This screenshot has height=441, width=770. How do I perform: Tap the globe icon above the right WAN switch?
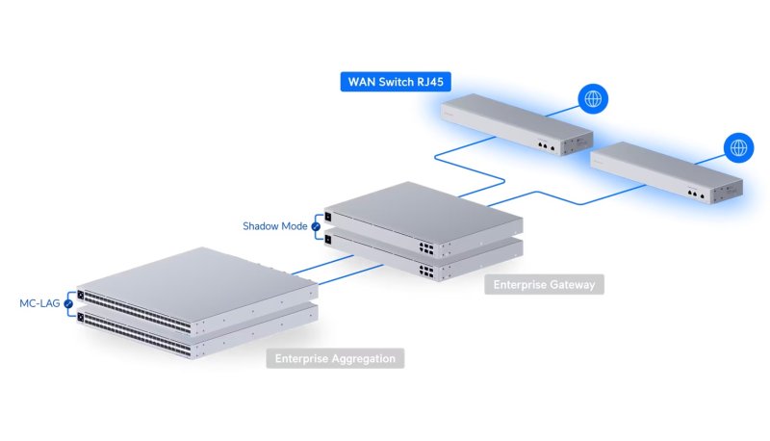point(738,147)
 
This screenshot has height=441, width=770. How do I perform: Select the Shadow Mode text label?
point(273,226)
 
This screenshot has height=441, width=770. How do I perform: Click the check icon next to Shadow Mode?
point(315,227)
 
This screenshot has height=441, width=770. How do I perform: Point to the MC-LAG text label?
point(40,303)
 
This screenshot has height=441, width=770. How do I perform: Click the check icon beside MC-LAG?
point(68,304)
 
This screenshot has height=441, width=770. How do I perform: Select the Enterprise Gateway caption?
point(544,285)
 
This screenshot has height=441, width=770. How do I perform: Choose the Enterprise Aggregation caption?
point(335,359)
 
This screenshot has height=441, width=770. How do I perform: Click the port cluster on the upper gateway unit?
point(423,247)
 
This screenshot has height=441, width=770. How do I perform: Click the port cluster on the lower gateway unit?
point(423,272)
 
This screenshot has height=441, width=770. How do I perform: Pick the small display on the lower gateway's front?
point(329,239)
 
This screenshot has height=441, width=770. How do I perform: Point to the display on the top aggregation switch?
point(82,294)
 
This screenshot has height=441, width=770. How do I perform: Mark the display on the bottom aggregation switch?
point(82,317)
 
